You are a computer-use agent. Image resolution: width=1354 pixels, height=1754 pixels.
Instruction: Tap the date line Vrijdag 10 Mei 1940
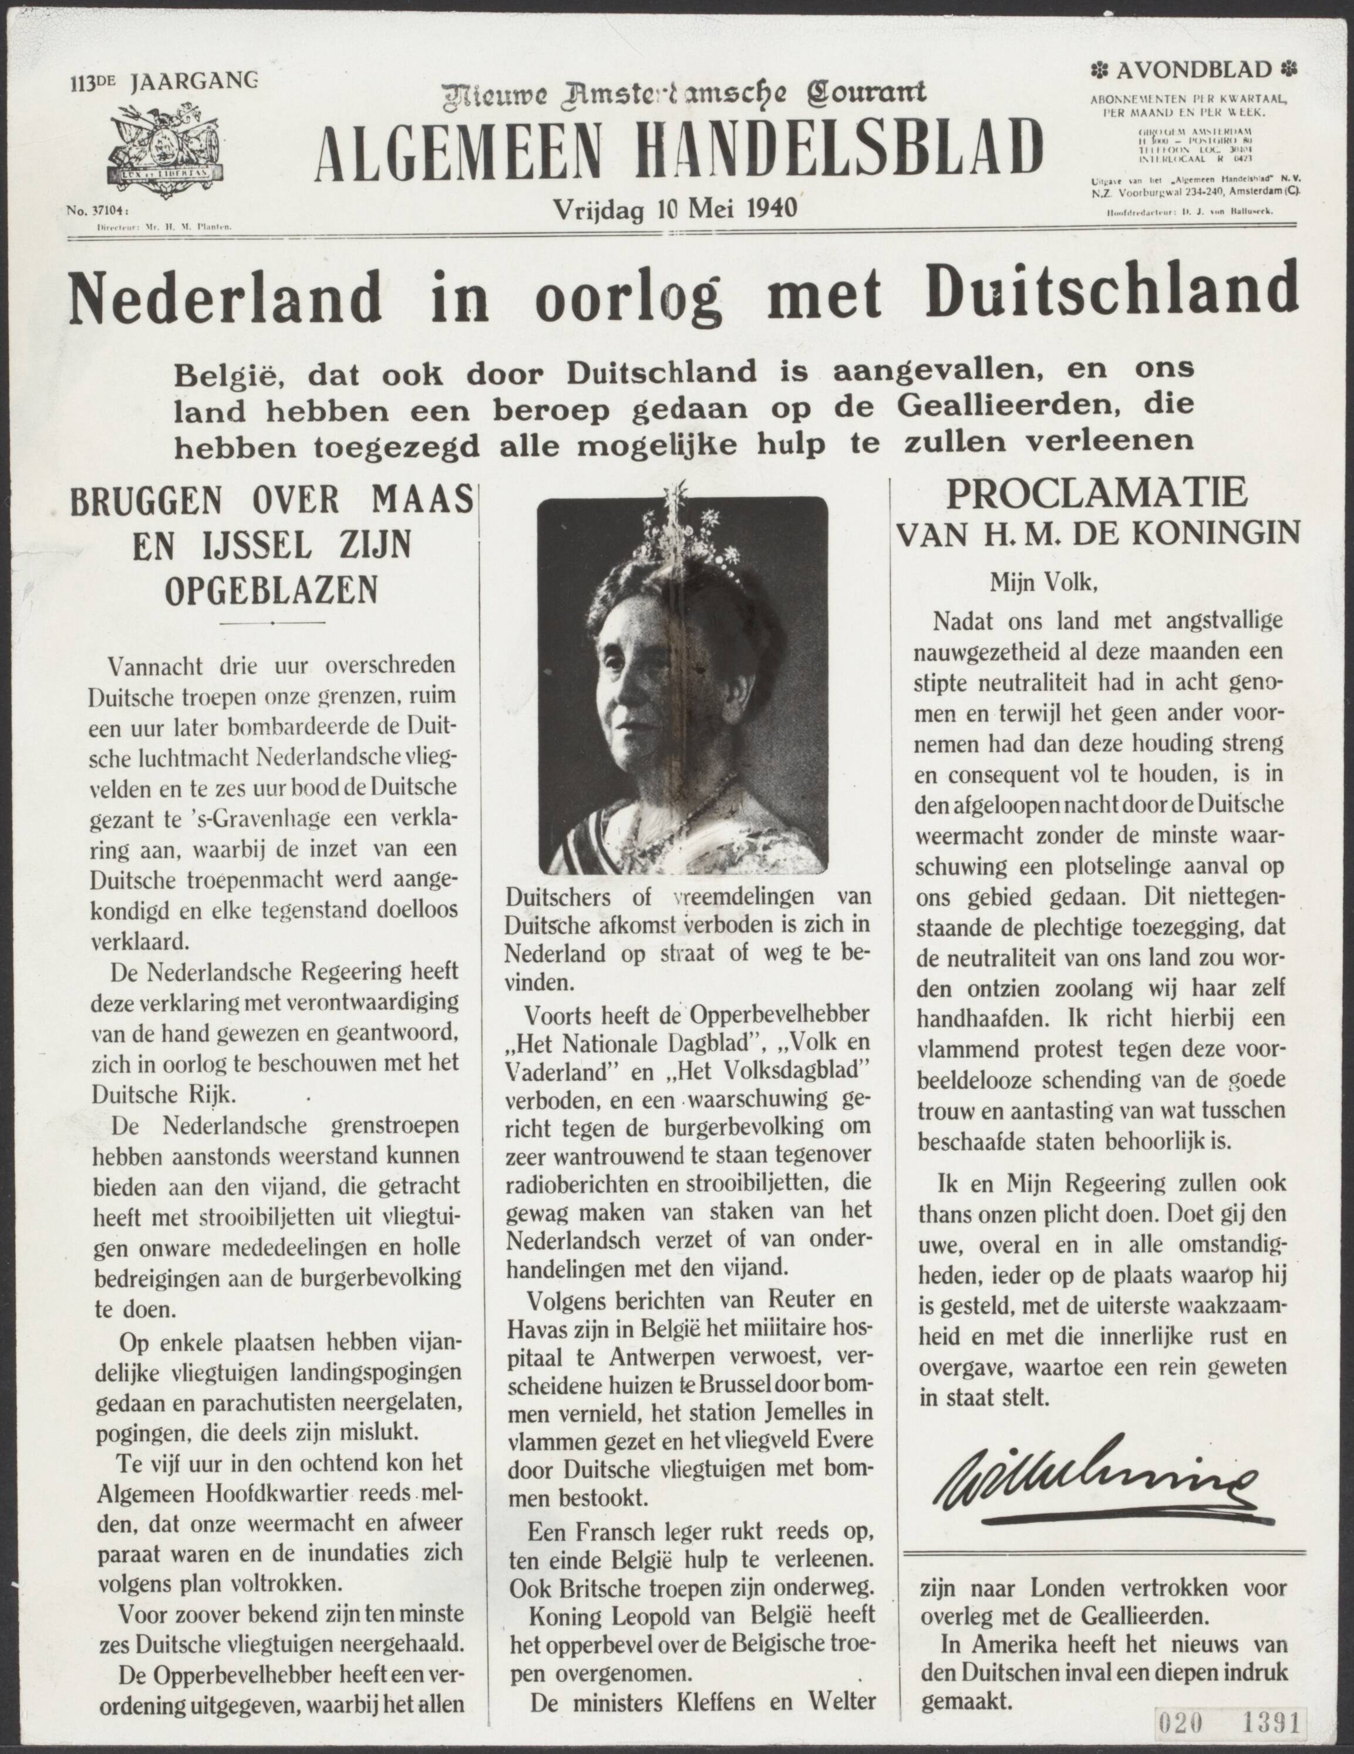coord(675,209)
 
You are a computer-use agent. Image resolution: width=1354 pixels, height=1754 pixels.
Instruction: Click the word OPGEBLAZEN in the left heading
coord(271,591)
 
